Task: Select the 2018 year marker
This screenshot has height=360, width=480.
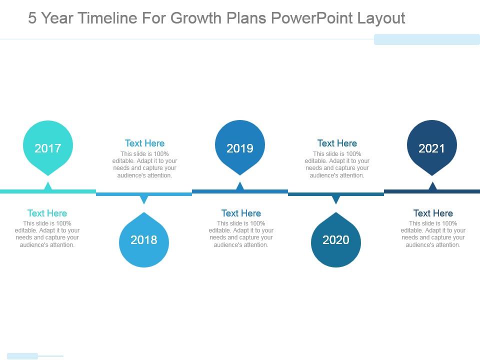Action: point(144,240)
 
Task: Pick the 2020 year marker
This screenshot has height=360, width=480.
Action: point(336,240)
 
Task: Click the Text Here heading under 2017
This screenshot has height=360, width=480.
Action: point(47,213)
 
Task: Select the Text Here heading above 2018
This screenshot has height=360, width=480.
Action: point(144,143)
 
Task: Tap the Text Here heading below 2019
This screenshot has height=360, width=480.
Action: point(241,213)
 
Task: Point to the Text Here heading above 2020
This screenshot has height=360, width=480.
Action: point(337,143)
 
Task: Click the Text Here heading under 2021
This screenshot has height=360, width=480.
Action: point(433,213)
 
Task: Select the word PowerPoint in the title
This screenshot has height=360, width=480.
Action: point(312,18)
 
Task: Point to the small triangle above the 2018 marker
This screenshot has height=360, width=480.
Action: point(144,199)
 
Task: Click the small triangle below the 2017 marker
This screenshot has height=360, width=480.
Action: point(48,186)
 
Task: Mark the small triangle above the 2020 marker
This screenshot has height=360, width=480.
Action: point(336,199)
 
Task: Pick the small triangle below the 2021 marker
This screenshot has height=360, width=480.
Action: point(432,186)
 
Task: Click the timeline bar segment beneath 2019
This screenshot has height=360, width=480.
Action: point(240,191)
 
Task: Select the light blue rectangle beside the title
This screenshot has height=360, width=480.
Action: point(427,39)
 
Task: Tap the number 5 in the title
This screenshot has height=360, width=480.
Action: point(32,18)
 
